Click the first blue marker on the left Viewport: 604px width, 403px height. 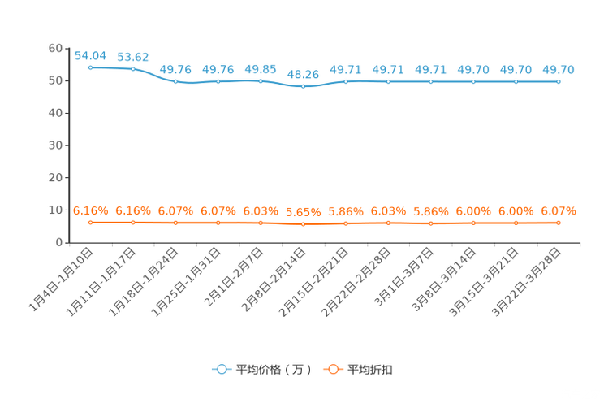pos(90,68)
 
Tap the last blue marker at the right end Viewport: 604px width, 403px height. pos(559,81)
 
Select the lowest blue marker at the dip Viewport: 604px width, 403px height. pos(304,85)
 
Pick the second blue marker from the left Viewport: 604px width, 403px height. pos(132,69)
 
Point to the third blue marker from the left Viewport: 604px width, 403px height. pos(175,81)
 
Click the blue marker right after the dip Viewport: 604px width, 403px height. pos(346,81)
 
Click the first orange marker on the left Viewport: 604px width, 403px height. pos(90,223)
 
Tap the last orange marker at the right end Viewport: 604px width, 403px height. pos(559,223)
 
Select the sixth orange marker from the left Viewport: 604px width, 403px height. pos(304,224)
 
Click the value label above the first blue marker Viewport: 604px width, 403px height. pos(90,55)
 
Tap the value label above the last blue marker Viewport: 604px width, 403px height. pos(559,69)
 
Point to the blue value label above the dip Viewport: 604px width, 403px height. pos(304,73)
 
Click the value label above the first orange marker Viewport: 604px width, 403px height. pos(90,210)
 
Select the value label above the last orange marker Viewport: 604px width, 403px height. pos(559,211)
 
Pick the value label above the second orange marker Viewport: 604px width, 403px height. pos(132,210)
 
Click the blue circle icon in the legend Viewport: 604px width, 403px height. pos(220,369)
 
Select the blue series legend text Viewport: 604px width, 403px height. pos(273,370)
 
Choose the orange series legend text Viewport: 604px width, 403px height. pos(371,370)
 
